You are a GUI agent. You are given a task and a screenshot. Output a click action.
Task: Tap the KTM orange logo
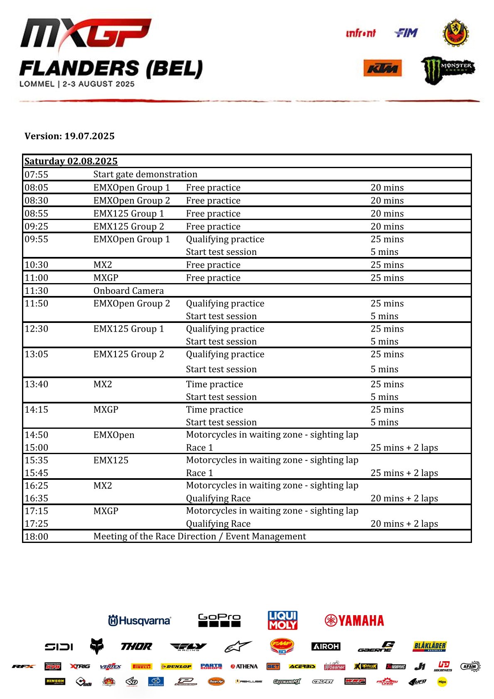(x=382, y=68)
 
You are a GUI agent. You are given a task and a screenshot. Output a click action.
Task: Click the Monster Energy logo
(x=447, y=69)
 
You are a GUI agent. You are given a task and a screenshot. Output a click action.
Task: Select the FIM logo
(x=406, y=33)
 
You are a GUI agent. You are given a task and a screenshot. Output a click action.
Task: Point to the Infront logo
(x=360, y=33)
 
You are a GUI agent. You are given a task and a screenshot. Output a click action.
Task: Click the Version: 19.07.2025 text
(x=69, y=136)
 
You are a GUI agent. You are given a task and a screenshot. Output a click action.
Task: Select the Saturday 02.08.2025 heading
(x=71, y=161)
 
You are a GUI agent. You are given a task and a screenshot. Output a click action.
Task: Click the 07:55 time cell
(x=37, y=174)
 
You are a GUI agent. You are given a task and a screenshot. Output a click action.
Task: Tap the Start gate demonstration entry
(x=145, y=174)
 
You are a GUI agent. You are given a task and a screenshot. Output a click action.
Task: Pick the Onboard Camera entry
(x=128, y=291)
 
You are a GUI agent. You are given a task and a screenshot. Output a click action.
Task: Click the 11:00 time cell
(x=37, y=278)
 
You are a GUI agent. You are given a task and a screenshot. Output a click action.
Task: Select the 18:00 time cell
(x=37, y=536)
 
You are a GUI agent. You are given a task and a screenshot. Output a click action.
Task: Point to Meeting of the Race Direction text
(x=199, y=536)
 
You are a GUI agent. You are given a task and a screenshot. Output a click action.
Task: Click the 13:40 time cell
(x=37, y=384)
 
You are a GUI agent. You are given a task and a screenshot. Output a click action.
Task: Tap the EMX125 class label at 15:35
(x=111, y=460)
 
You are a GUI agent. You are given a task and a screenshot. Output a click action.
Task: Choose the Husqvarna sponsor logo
(x=140, y=621)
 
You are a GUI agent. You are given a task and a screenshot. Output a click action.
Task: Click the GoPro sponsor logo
(x=219, y=620)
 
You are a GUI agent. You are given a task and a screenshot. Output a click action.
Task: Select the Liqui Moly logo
(x=283, y=620)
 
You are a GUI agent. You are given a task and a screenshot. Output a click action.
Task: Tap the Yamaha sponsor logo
(x=354, y=621)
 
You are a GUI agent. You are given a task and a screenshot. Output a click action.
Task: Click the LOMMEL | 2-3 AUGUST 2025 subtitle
(x=77, y=84)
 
